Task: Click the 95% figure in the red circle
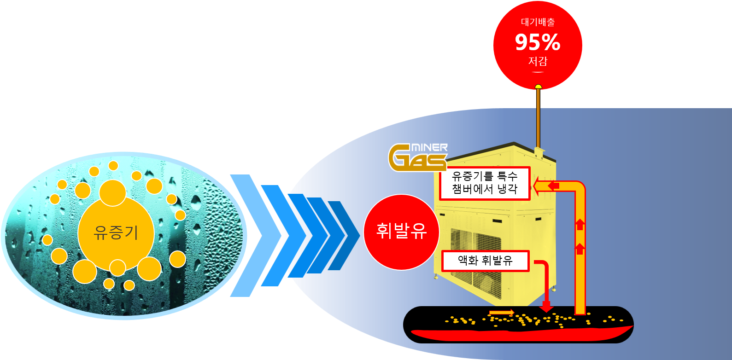click(538, 42)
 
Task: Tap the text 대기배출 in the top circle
click(538, 22)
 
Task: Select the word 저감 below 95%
click(538, 61)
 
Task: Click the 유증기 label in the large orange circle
click(116, 232)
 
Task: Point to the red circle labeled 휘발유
click(401, 232)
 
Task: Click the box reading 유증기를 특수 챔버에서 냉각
click(485, 183)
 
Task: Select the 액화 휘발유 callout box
click(485, 261)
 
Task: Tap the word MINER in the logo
click(429, 148)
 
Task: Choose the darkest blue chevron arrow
click(344, 236)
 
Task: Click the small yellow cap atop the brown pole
click(538, 87)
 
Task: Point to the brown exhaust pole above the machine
click(538, 118)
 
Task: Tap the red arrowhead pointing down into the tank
click(546, 308)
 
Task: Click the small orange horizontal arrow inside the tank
click(501, 313)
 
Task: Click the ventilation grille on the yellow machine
click(476, 262)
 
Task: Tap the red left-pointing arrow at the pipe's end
click(553, 186)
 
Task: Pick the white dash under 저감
click(538, 72)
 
